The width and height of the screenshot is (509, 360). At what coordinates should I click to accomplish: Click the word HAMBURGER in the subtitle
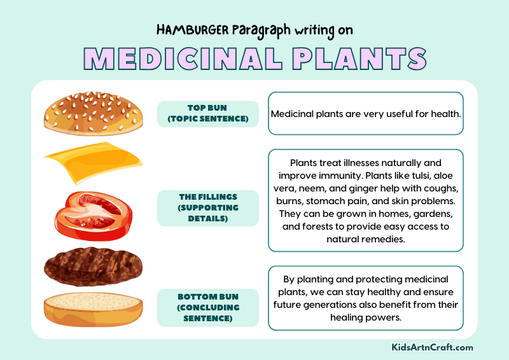188,30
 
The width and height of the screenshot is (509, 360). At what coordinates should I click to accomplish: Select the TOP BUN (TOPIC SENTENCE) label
208,114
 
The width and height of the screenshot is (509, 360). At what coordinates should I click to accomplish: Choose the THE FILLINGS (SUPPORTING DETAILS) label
208,208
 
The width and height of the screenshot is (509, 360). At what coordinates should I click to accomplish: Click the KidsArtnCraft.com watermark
433,347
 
